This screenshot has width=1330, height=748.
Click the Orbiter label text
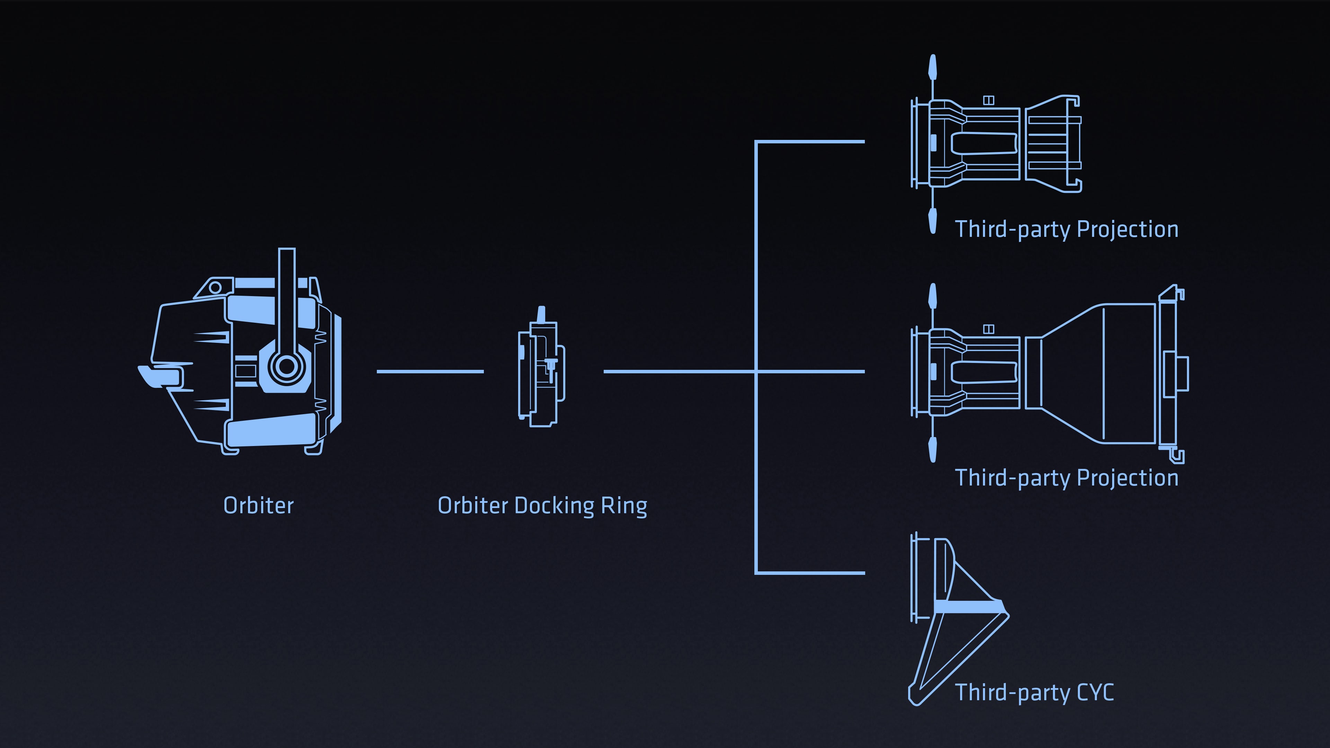(x=258, y=505)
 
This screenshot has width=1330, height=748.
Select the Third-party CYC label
(x=1034, y=692)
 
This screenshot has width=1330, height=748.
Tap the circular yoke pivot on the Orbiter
(x=286, y=366)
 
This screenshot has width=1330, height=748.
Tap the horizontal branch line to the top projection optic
(x=810, y=141)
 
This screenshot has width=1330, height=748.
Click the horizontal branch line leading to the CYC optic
(x=810, y=572)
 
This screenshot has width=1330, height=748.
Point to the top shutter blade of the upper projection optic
(x=932, y=68)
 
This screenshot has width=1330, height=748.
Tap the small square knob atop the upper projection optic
(x=988, y=100)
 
